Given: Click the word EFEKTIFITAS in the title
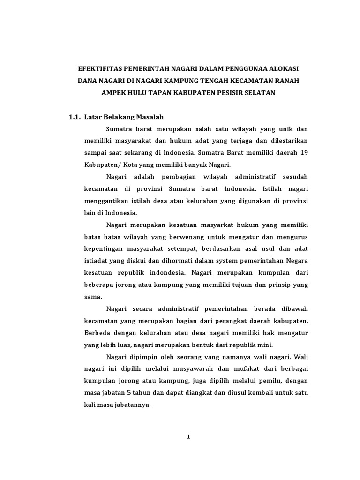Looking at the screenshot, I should point(99,68).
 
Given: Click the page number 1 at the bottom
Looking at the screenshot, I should point(188,437).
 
